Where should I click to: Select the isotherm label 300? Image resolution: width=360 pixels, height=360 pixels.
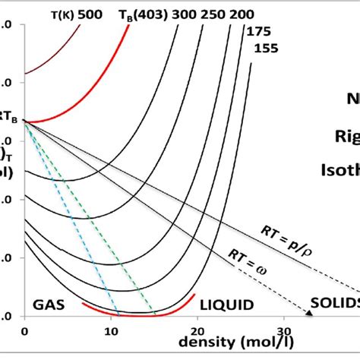click(185, 13)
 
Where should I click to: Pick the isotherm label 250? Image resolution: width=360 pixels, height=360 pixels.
click(217, 13)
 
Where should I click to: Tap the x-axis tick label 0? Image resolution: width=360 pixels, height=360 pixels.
click(25, 331)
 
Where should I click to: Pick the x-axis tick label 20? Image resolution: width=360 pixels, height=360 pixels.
click(198, 331)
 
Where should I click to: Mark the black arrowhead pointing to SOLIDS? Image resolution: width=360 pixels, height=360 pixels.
click(311, 311)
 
